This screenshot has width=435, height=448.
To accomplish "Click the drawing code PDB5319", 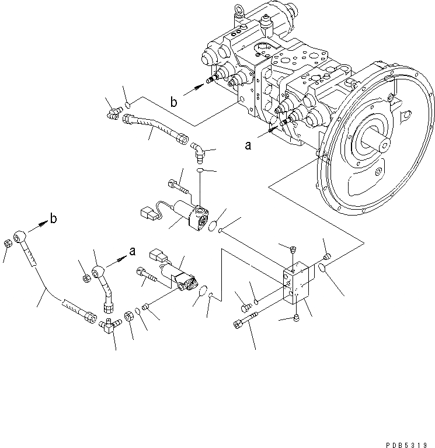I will point(412,443).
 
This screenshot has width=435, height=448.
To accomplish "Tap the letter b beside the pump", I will point(174,103).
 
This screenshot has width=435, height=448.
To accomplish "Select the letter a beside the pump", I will point(248,146).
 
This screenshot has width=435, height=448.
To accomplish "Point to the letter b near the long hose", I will point(54,219).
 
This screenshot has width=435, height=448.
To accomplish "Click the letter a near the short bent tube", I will point(133,252).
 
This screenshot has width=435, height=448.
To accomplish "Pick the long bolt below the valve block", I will point(249,322).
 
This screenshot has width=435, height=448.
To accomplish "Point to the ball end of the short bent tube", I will point(99,271).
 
